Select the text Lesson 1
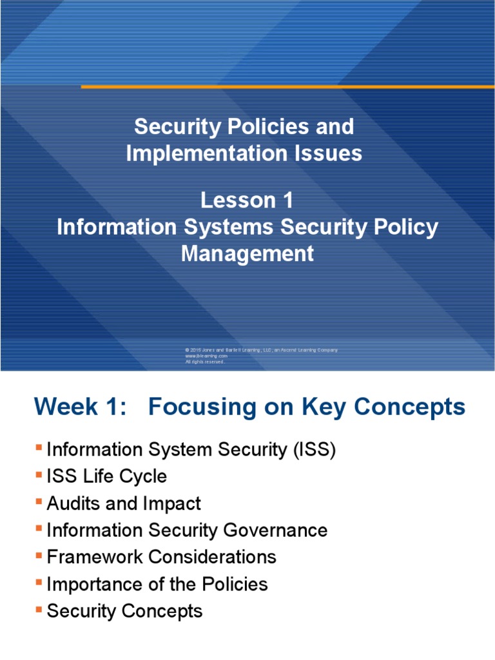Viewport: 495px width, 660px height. [247, 200]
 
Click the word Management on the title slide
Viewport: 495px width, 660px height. [247, 254]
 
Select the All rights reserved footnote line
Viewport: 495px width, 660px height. [204, 362]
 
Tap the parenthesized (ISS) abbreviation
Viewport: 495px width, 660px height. [314, 450]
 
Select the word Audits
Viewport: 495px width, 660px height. [73, 503]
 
